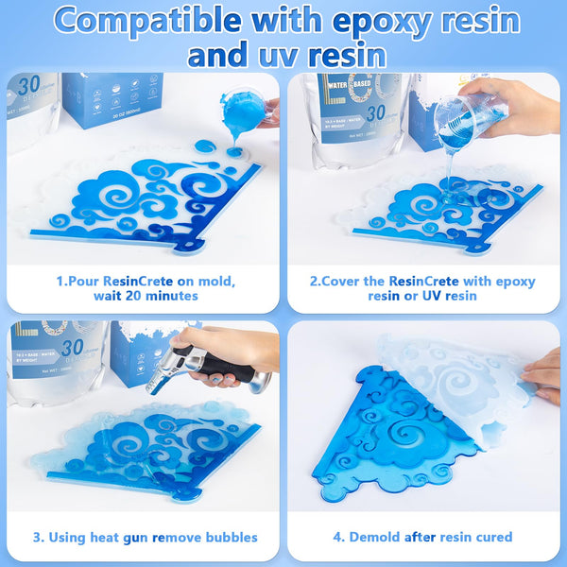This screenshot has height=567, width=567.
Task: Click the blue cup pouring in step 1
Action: (241, 112)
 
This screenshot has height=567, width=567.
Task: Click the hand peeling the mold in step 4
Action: (545, 373)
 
